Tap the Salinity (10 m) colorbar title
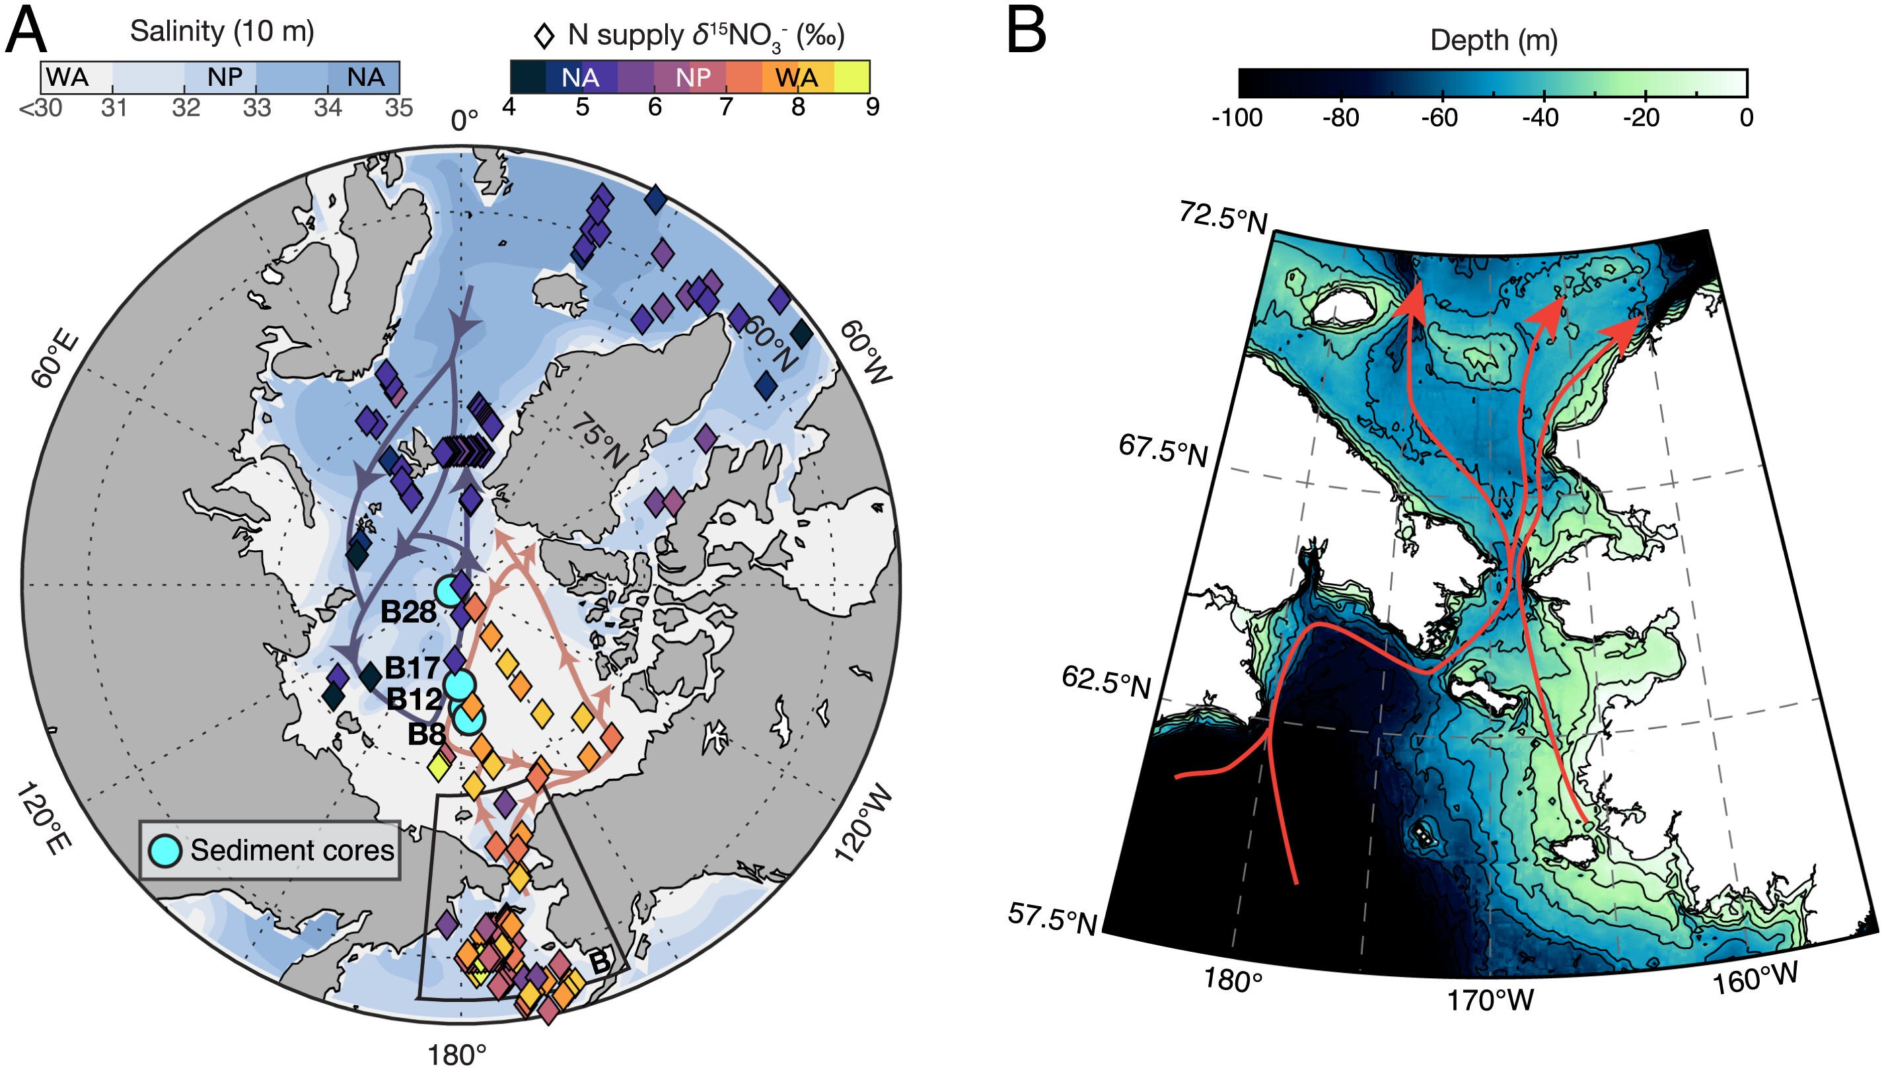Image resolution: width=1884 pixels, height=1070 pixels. point(222,31)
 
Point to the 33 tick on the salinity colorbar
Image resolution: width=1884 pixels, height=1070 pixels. point(257,108)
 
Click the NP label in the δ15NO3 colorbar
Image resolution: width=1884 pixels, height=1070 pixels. point(693,77)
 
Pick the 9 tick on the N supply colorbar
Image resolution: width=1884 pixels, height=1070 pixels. point(871,107)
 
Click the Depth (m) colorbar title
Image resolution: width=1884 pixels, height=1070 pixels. point(1493,40)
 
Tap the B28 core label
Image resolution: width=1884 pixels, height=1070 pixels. point(408,612)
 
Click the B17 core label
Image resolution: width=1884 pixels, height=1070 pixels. point(412,668)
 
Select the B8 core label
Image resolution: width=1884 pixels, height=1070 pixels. point(426,733)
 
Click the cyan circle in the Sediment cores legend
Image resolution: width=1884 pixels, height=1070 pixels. point(165,850)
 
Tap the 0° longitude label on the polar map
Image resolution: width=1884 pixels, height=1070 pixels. point(464,120)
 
